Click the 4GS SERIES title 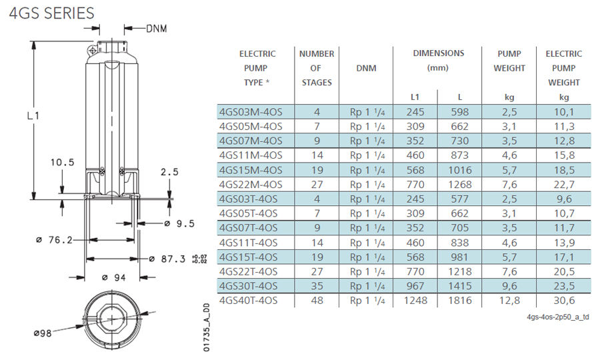tap(51, 13)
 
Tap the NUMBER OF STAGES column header tap(317, 67)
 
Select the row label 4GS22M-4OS tap(251, 184)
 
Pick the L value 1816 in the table tap(460, 301)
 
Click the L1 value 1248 tap(415, 301)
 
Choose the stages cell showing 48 tap(317, 301)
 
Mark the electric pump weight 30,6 tap(563, 301)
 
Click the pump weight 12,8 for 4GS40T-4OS tap(509, 301)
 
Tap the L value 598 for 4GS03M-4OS tap(460, 111)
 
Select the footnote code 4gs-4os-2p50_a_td tap(557, 317)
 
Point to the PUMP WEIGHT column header tap(509, 61)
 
